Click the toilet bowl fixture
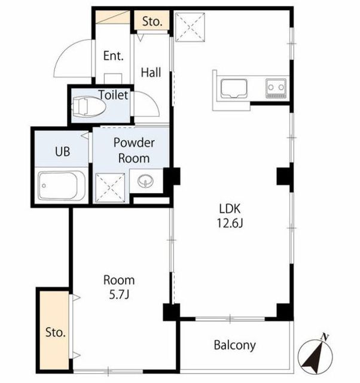[89, 107]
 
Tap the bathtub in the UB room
[62, 185]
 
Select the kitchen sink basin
[234, 89]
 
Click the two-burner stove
[276, 88]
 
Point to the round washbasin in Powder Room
[146, 181]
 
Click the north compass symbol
[315, 354]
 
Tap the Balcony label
[235, 345]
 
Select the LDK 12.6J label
[230, 215]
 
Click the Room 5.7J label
[119, 287]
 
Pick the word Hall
[151, 72]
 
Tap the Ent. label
[113, 56]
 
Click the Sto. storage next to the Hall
[152, 20]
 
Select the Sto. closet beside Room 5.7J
[54, 330]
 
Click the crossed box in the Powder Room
[110, 187]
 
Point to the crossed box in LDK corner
[190, 28]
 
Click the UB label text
[63, 151]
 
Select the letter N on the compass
[324, 338]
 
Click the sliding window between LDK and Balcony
[230, 319]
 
